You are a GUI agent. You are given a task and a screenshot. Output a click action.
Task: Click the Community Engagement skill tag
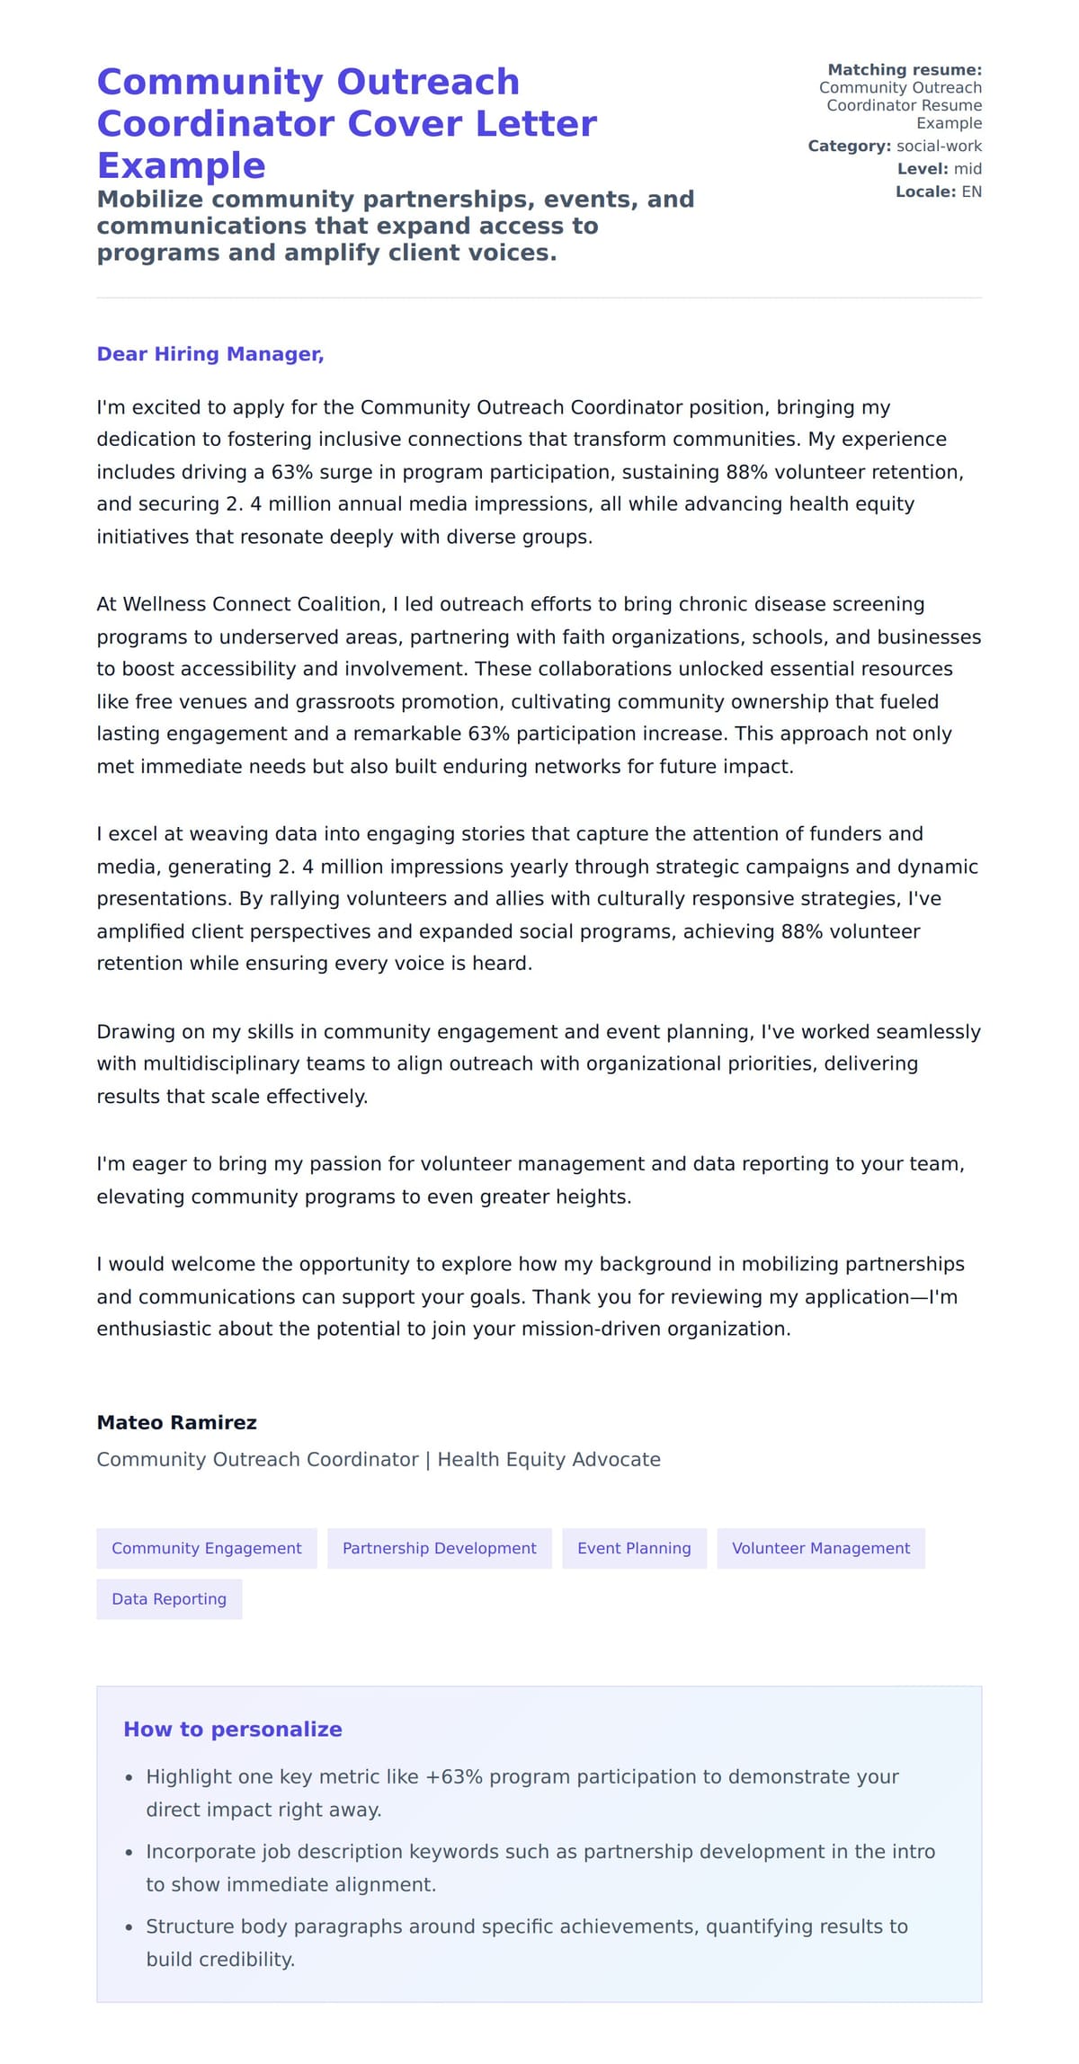pyautogui.click(x=206, y=1548)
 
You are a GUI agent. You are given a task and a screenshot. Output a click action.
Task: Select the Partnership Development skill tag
pyautogui.click(x=439, y=1548)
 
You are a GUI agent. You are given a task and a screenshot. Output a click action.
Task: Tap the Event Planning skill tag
pyautogui.click(x=634, y=1548)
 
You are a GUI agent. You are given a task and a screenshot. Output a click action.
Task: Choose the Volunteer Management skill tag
pyautogui.click(x=820, y=1548)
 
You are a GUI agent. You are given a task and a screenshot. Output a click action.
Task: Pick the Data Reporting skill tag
pyautogui.click(x=169, y=1599)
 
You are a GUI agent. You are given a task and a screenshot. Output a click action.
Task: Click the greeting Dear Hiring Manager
pyautogui.click(x=210, y=354)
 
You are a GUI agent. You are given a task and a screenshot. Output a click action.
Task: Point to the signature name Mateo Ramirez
pyautogui.click(x=176, y=1422)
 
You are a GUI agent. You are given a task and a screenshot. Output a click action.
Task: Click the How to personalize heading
pyautogui.click(x=232, y=1730)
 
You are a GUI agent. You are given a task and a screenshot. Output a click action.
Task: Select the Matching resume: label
pyautogui.click(x=904, y=70)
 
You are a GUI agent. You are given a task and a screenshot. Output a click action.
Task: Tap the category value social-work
pyautogui.click(x=939, y=147)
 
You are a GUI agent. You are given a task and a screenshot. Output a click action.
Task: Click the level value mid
pyautogui.click(x=968, y=169)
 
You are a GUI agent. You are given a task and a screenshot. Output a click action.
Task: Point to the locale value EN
pyautogui.click(x=971, y=191)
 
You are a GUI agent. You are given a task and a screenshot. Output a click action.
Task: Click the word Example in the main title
pyautogui.click(x=181, y=165)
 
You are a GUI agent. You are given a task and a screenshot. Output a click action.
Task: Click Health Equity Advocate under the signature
pyautogui.click(x=548, y=1459)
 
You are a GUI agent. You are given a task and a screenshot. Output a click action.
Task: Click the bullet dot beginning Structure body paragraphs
pyautogui.click(x=129, y=1928)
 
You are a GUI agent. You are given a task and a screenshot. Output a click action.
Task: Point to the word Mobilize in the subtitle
pyautogui.click(x=150, y=199)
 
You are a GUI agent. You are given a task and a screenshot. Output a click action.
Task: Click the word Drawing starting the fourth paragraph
pyautogui.click(x=134, y=1032)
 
